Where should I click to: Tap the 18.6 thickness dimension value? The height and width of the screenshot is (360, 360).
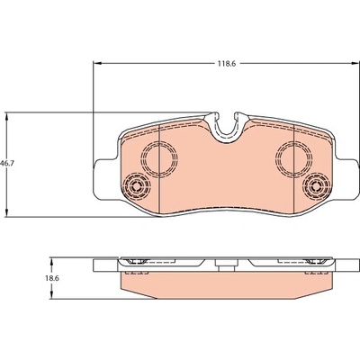[x=52, y=278]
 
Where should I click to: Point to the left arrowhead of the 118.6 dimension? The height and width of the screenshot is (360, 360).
[x=98, y=63]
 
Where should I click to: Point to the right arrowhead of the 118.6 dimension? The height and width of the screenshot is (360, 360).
[x=355, y=63]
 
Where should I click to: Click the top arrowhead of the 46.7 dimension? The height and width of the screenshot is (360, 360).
[x=7, y=117]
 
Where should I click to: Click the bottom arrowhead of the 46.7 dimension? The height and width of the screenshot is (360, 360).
[x=7, y=211]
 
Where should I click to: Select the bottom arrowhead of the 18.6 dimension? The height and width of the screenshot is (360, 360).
[x=51, y=294]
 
